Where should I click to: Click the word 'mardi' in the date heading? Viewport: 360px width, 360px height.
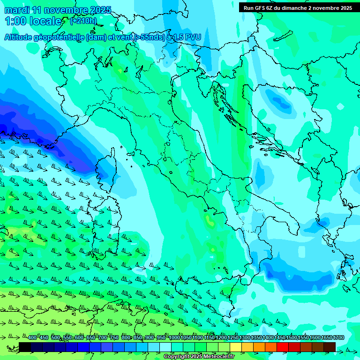(16, 10)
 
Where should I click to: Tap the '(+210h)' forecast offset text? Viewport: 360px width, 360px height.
(83, 21)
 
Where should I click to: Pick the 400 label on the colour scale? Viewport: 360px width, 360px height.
(32, 338)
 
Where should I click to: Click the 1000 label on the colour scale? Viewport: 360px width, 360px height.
(174, 338)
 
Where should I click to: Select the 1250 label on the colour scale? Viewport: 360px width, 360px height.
(233, 338)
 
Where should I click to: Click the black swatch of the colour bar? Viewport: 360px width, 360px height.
(25, 347)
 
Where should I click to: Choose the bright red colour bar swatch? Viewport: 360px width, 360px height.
(283, 347)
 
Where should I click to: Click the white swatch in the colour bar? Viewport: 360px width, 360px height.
(165, 347)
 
